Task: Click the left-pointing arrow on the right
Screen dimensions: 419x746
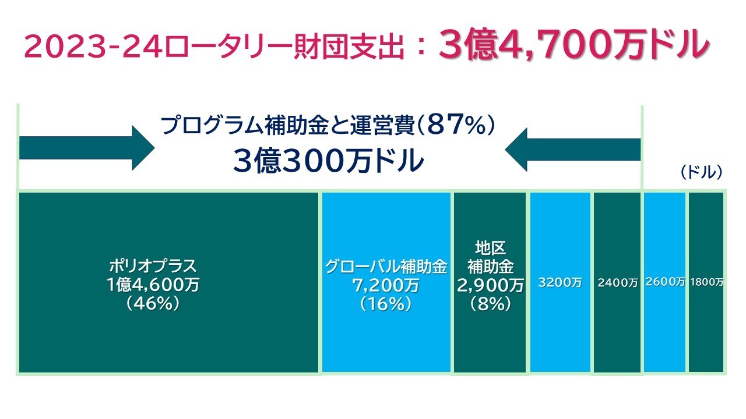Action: pyautogui.click(x=573, y=149)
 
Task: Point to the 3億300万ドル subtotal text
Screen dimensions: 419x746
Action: pyautogui.click(x=328, y=161)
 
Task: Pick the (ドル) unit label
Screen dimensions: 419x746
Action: pyautogui.click(x=701, y=172)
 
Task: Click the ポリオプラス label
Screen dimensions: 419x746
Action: pyautogui.click(x=153, y=267)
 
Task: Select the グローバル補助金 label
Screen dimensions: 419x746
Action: pyautogui.click(x=386, y=267)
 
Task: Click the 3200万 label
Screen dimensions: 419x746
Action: pyautogui.click(x=560, y=283)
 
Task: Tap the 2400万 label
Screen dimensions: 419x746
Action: pyautogui.click(x=617, y=283)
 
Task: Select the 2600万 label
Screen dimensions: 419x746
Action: pyautogui.click(x=665, y=282)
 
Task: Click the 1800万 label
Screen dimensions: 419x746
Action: pyautogui.click(x=706, y=282)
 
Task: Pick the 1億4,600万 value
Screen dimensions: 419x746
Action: pyautogui.click(x=153, y=285)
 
